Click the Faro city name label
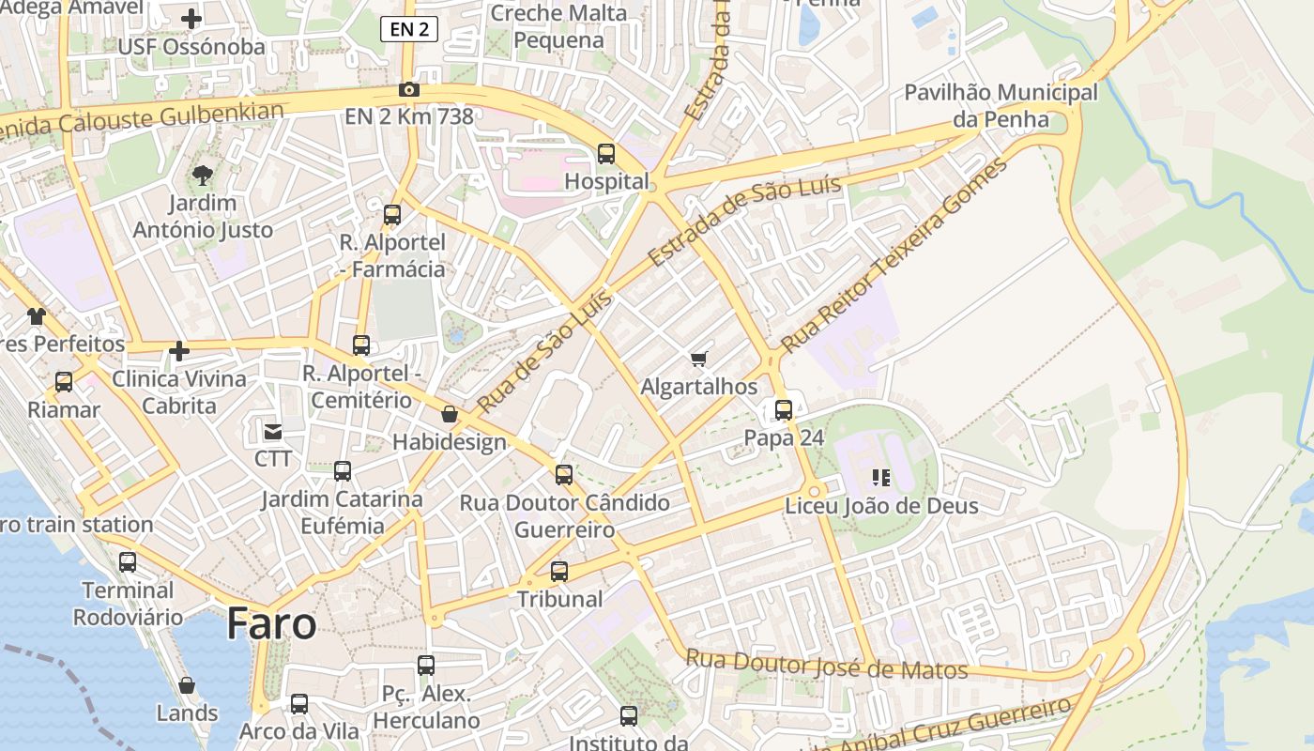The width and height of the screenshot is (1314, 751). (271, 624)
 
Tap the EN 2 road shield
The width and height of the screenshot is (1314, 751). (409, 29)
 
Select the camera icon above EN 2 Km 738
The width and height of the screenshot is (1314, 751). (409, 90)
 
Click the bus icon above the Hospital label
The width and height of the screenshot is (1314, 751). (606, 154)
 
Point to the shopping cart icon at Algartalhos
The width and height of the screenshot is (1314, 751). (698, 360)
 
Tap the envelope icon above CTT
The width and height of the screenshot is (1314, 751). (273, 432)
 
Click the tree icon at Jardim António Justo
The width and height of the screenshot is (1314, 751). (203, 175)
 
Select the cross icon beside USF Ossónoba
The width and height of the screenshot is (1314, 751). (191, 19)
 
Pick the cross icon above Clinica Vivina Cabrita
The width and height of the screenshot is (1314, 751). (179, 352)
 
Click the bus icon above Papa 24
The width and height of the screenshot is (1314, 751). (784, 410)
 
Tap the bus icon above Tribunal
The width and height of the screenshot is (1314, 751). (559, 571)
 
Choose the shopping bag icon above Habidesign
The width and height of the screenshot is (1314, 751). (450, 414)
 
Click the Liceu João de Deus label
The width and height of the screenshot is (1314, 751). (881, 506)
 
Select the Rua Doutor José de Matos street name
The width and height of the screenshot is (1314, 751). (826, 665)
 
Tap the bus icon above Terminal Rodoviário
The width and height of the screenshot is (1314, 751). (128, 562)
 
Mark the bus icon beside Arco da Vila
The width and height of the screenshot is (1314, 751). (299, 704)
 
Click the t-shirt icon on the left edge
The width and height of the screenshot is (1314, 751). (36, 316)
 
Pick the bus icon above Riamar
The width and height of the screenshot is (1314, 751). (64, 382)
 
